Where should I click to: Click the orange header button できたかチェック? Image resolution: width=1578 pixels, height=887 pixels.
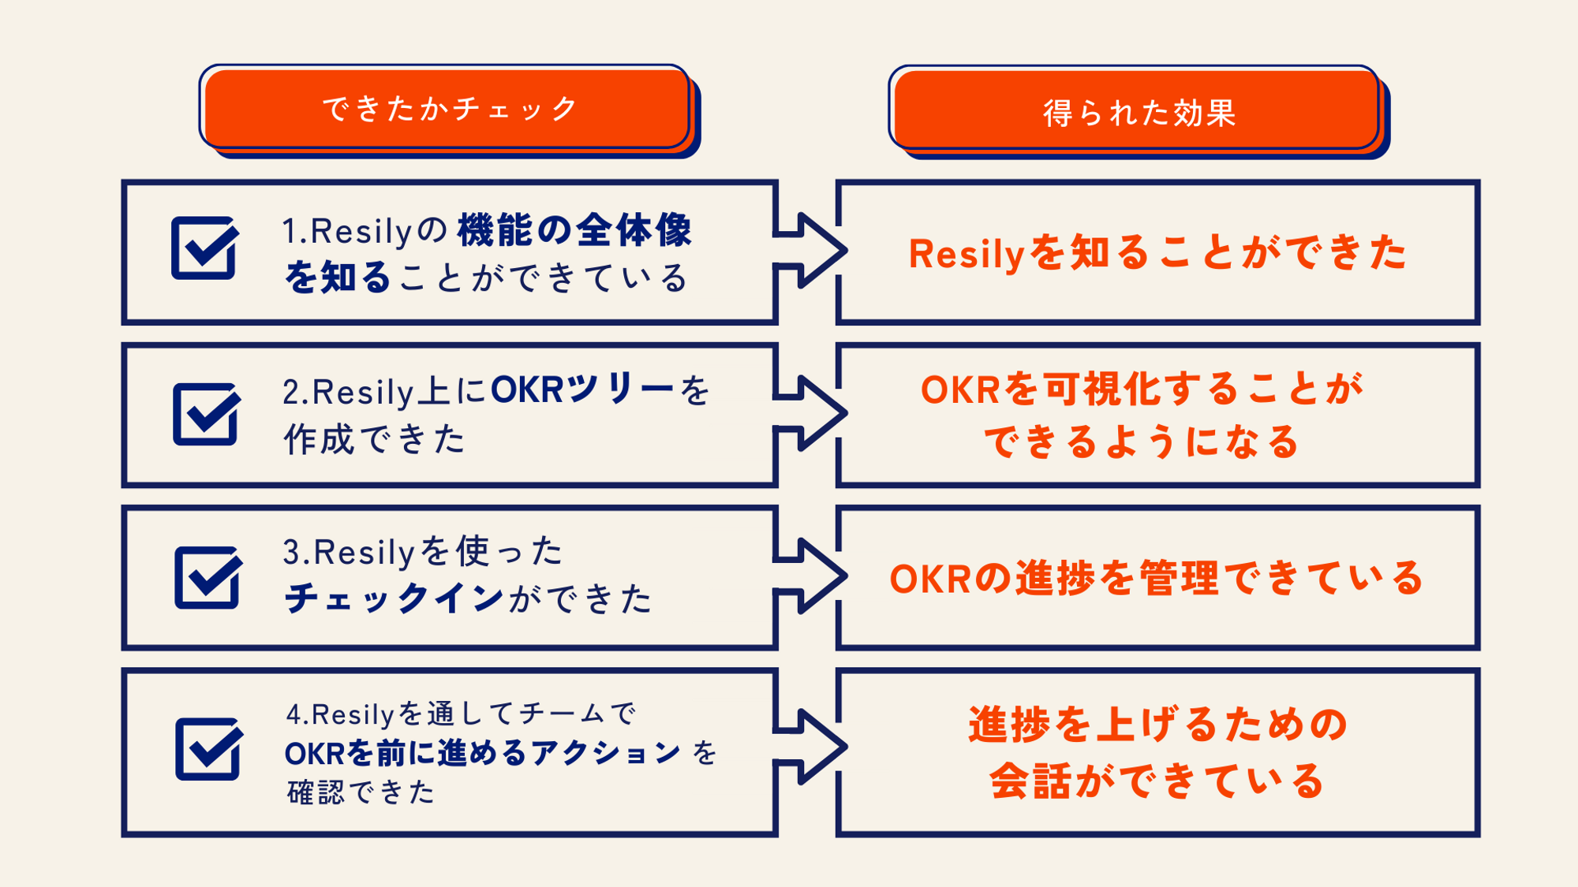pyautogui.click(x=447, y=108)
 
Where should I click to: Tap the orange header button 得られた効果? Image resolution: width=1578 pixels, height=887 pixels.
pyautogui.click(x=1137, y=110)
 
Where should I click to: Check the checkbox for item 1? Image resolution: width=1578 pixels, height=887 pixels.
pyautogui.click(x=204, y=248)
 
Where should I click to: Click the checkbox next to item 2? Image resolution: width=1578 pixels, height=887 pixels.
pyautogui.click(x=206, y=414)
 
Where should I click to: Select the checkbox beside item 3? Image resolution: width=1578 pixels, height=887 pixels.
pyautogui.click(x=207, y=577)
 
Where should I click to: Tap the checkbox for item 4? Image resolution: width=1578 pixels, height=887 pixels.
pyautogui.click(x=208, y=748)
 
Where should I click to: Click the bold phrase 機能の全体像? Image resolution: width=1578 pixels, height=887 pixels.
pyautogui.click(x=574, y=230)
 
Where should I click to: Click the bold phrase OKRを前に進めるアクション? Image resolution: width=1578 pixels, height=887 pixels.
pyautogui.click(x=482, y=753)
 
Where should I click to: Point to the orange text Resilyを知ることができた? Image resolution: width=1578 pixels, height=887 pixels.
pyautogui.click(x=1157, y=253)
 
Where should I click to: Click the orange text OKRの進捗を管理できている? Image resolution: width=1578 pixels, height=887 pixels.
pyautogui.click(x=1157, y=578)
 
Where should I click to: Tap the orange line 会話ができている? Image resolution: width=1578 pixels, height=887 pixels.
pyautogui.click(x=1157, y=781)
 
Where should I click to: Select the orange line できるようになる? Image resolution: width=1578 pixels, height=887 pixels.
pyautogui.click(x=1141, y=442)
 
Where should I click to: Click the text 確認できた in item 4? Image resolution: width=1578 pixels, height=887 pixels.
pyautogui.click(x=361, y=792)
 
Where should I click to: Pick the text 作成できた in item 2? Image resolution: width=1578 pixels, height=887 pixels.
pyautogui.click(x=374, y=439)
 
